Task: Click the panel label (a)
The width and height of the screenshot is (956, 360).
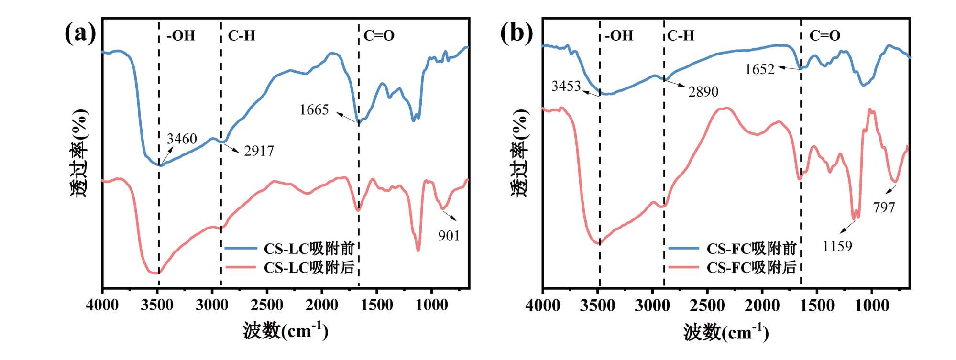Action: click(x=80, y=33)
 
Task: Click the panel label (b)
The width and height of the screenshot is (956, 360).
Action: click(x=516, y=33)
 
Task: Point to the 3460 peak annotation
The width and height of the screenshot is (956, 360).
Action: click(x=182, y=139)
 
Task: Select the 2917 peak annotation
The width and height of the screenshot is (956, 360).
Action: click(x=259, y=151)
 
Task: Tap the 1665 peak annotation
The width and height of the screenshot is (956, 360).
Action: click(x=314, y=110)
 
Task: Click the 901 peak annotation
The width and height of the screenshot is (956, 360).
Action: click(x=449, y=236)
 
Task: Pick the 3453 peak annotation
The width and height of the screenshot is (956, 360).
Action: click(x=566, y=86)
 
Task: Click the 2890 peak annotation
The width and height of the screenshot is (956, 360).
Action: click(x=703, y=91)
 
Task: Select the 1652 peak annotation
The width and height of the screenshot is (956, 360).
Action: click(x=759, y=70)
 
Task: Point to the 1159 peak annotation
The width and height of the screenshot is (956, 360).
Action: click(x=837, y=246)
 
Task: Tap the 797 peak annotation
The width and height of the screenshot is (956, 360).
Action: click(x=883, y=207)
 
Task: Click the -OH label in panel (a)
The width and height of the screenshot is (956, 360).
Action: click(x=181, y=36)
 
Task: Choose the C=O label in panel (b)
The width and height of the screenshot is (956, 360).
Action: click(x=824, y=36)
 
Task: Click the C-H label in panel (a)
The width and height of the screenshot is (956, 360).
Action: click(x=241, y=36)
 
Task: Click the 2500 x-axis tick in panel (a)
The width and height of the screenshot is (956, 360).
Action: click(x=267, y=305)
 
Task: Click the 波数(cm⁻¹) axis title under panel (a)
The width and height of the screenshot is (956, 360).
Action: click(x=286, y=331)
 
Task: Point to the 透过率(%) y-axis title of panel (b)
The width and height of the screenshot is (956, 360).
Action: click(x=520, y=153)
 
